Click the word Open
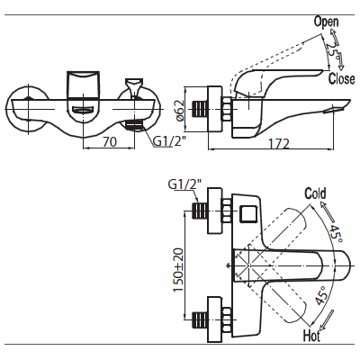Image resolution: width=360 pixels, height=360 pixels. pyautogui.click(x=326, y=22)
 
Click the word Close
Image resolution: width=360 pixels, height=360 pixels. pyautogui.click(x=341, y=78)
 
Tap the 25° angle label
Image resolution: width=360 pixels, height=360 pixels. pyautogui.click(x=333, y=50)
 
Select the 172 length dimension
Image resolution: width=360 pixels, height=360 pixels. pyautogui.click(x=278, y=144)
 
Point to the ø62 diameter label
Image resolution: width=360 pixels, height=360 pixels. pyautogui.click(x=181, y=110)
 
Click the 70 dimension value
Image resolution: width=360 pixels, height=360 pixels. pyautogui.click(x=110, y=141)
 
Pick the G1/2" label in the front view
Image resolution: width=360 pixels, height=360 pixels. pyautogui.click(x=168, y=141)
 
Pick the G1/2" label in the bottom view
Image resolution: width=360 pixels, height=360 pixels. pyautogui.click(x=184, y=184)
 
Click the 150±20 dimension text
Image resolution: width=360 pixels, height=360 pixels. pyautogui.click(x=178, y=270)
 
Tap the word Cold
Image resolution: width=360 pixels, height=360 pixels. pyautogui.click(x=315, y=193)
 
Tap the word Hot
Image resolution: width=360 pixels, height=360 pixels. pyautogui.click(x=311, y=336)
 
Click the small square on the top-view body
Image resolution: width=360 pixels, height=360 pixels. pyautogui.click(x=248, y=214)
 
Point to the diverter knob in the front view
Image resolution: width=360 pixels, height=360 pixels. pyautogui.click(x=134, y=87)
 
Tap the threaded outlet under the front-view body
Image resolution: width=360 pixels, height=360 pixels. pyautogui.click(x=134, y=125)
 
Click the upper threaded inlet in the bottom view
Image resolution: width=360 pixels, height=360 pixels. pyautogui.click(x=199, y=211)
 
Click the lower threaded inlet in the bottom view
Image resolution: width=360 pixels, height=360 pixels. pyautogui.click(x=199, y=320)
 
